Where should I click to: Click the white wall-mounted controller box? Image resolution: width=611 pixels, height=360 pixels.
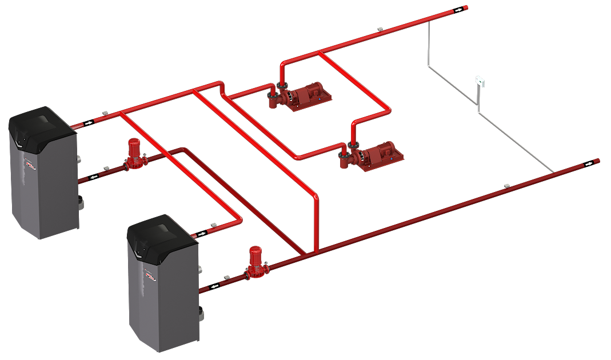pyautogui.click(x=481, y=81)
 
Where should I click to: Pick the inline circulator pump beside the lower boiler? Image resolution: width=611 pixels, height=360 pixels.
pyautogui.click(x=254, y=263)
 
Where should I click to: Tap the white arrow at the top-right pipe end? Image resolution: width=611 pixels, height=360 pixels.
pyautogui.click(x=458, y=10)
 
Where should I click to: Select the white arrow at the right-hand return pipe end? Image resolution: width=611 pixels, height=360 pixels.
pyautogui.click(x=588, y=165)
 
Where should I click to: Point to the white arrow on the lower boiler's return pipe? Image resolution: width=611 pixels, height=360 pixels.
pyautogui.click(x=214, y=286)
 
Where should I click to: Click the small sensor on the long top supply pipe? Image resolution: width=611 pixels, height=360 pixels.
pyautogui.click(x=380, y=27)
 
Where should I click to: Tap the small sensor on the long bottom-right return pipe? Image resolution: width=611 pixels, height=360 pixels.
pyautogui.click(x=506, y=185)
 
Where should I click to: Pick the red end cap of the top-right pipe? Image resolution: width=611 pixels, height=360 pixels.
pyautogui.click(x=466, y=7)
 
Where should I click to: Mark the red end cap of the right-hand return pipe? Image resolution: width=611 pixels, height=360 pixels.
pyautogui.click(x=596, y=162)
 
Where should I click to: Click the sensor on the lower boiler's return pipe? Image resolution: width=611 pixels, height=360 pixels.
pyautogui.click(x=227, y=277)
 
